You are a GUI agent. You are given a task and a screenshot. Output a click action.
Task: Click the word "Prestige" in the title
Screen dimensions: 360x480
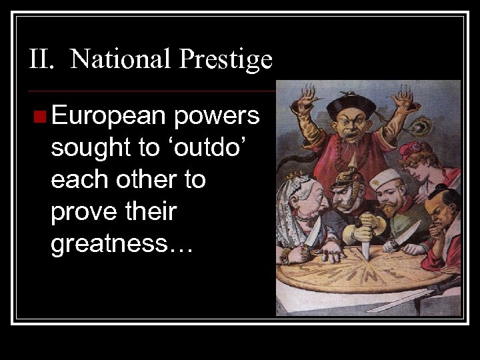click(226, 60)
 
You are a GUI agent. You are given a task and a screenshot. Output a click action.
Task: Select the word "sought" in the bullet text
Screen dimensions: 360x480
click(87, 148)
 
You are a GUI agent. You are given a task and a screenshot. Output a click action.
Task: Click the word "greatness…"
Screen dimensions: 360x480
click(121, 245)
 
